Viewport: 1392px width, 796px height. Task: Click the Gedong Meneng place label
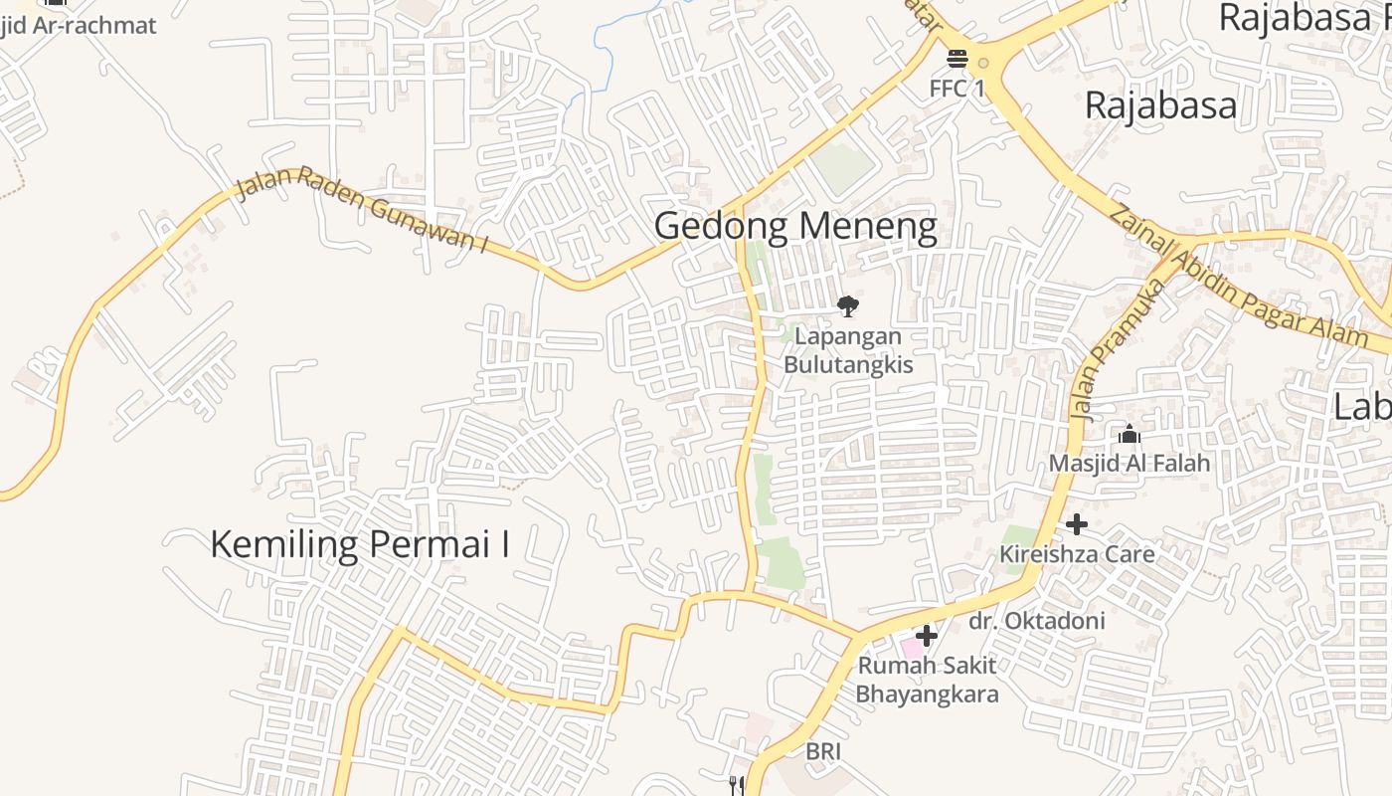[x=795, y=227]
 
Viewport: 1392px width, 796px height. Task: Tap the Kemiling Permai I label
[x=360, y=543]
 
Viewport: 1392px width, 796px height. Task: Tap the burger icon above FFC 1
[x=957, y=59]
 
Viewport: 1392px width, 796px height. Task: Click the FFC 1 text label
[x=957, y=89]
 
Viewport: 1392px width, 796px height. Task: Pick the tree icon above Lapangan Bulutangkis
[x=847, y=305]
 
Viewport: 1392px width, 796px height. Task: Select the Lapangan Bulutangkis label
[x=848, y=350]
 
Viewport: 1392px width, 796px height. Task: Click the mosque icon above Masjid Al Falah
[x=1130, y=434]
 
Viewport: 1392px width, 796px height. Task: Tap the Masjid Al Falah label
[x=1130, y=463]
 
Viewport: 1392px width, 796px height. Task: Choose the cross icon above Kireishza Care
[x=1076, y=524]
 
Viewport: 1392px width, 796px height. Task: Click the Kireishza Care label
[x=1077, y=553]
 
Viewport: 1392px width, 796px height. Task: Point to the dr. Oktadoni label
[x=1037, y=621]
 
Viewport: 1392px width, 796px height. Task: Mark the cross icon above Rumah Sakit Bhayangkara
[x=927, y=635]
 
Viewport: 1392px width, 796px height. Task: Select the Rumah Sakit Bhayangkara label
[x=927, y=679]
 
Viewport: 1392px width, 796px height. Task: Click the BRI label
[x=823, y=751]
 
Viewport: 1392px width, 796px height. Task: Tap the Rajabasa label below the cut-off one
[x=1160, y=104]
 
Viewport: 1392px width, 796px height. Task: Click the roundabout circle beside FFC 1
[x=983, y=63]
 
